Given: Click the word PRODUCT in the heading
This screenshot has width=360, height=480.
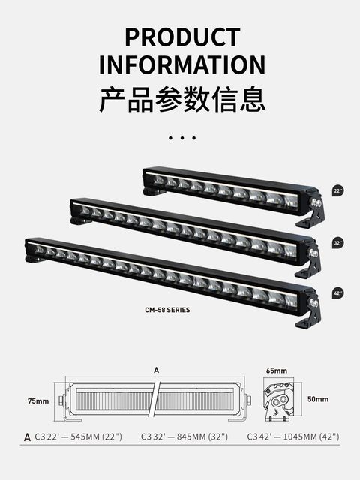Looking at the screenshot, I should click(182, 37).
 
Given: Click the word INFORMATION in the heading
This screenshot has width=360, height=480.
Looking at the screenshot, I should click(182, 64).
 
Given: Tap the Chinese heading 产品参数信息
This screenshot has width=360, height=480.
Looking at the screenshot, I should click(182, 99).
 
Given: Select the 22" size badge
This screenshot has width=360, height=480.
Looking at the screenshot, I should click(339, 192).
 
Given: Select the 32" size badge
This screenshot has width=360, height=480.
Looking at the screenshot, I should click(339, 243).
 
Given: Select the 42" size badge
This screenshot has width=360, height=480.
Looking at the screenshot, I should click(339, 293).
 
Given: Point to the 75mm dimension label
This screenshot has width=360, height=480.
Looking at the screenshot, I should click(38, 401).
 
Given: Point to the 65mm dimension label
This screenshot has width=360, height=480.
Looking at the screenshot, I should click(276, 370).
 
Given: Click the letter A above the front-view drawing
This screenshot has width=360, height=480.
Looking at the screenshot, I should click(156, 370).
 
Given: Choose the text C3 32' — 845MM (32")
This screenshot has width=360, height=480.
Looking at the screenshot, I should click(184, 436).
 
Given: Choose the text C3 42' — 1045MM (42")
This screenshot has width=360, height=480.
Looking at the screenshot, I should click(293, 436).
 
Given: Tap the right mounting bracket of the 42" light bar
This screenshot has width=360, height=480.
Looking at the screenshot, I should click(309, 315).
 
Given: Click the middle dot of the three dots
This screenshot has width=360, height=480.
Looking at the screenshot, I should click(182, 138).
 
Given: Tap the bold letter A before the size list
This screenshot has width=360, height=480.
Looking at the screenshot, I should click(28, 436).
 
